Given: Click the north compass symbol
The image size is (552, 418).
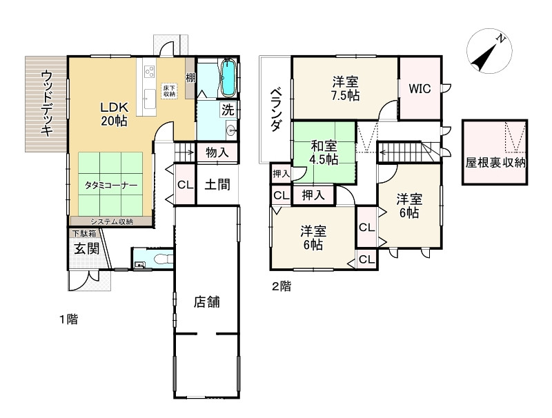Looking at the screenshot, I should coord(487,54).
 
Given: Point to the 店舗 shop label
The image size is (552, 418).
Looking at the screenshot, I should coord(207,301).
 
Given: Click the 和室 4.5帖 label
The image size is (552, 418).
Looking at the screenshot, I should coord(324,152).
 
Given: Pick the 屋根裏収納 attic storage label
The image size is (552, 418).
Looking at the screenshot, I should coord(496,163).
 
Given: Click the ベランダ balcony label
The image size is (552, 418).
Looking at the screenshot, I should coord(275,110).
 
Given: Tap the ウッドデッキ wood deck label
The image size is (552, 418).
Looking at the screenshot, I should coord(47,103).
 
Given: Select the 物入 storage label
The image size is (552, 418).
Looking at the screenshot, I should coord(217,152).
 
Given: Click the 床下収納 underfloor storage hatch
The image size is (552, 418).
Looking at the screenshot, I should coord(170,91).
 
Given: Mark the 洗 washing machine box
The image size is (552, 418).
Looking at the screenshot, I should coord(228,109).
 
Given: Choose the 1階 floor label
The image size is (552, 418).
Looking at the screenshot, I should coord(68,319).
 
